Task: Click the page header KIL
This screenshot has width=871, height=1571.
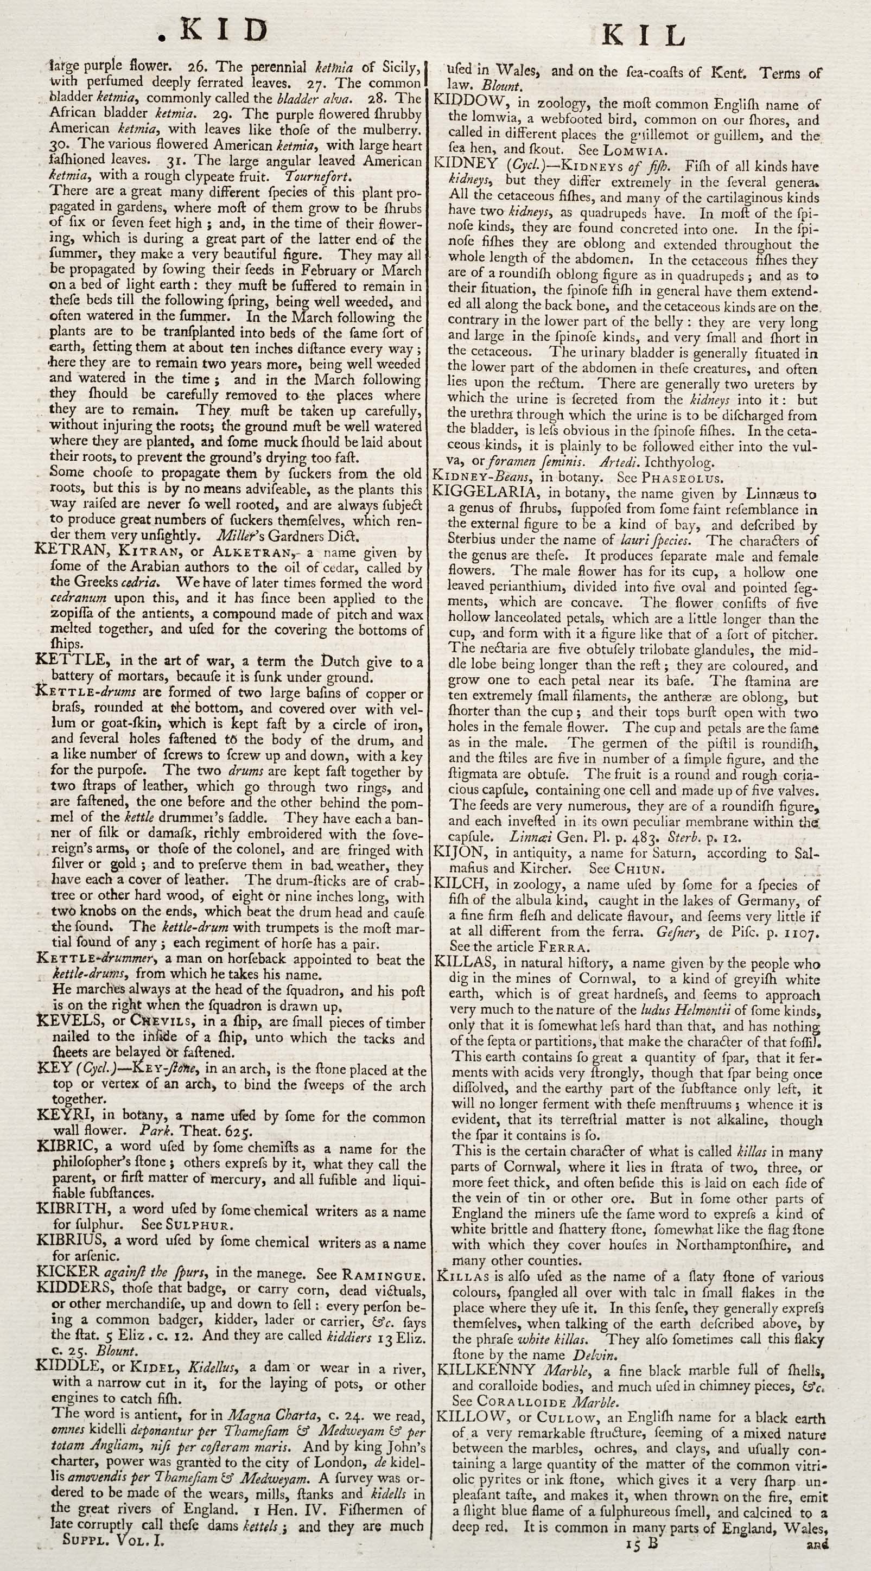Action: [x=644, y=36]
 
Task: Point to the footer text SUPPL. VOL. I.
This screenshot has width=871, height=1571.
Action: [x=113, y=1553]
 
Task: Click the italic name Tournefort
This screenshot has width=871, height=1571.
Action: [x=318, y=176]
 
